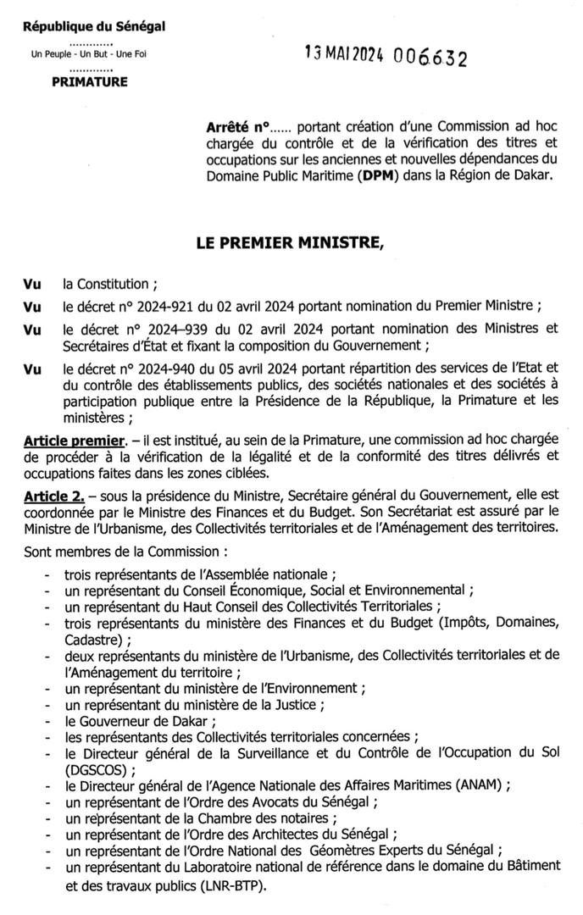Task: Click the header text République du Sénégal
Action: click(94, 26)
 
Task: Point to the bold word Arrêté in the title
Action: click(229, 125)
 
